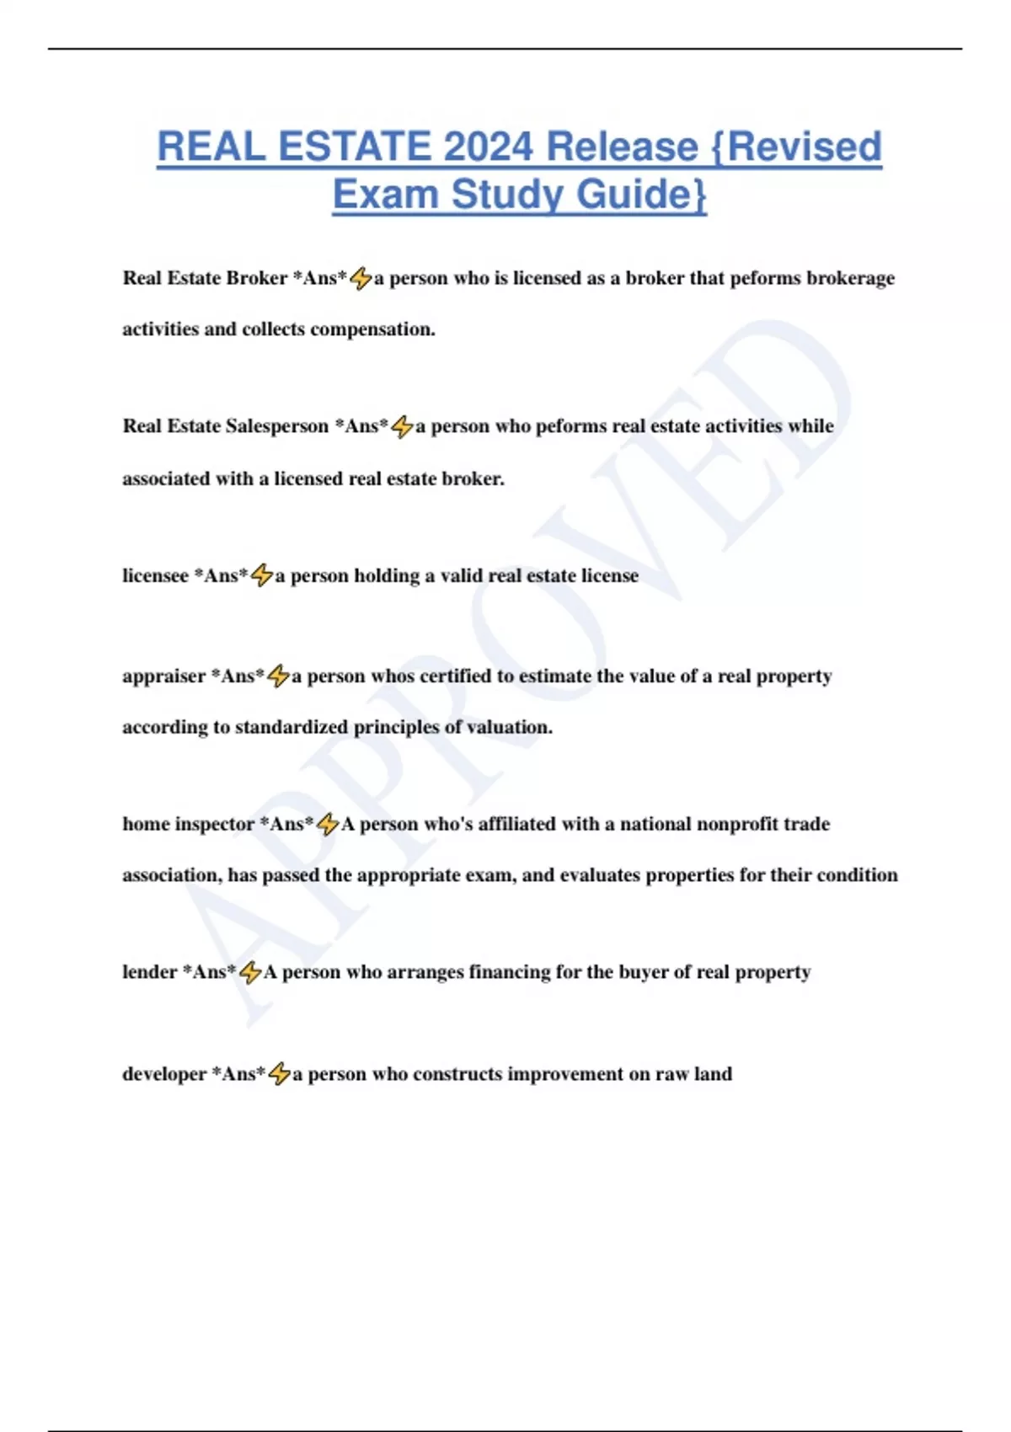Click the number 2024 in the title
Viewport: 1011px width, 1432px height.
click(489, 147)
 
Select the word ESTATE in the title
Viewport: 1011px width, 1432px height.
click(355, 147)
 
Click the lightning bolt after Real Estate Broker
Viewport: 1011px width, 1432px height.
click(361, 278)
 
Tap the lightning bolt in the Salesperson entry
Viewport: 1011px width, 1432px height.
click(402, 427)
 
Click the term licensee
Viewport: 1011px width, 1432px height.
click(155, 576)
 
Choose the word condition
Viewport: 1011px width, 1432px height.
click(857, 875)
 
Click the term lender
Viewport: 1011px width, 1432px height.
click(150, 972)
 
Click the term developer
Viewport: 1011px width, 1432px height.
click(164, 1074)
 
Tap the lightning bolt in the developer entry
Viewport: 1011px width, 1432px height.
click(279, 1074)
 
